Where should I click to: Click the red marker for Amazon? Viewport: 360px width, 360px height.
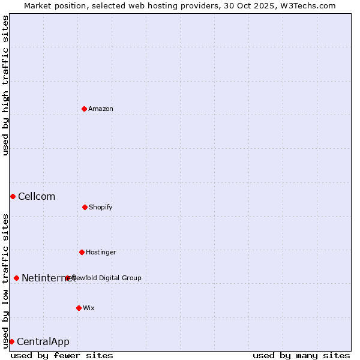[x=84, y=109]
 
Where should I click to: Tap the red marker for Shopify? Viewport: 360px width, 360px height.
[x=85, y=207]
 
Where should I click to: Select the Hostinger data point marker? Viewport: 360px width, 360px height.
[x=82, y=252]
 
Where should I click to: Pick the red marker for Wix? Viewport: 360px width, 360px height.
[x=79, y=308]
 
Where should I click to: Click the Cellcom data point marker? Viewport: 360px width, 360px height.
[x=13, y=196]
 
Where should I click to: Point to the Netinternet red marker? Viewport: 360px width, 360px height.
[x=16, y=278]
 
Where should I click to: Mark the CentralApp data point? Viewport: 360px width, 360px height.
[x=11, y=341]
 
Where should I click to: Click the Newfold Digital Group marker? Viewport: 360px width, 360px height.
[x=68, y=278]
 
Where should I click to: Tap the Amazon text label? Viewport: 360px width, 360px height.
[x=101, y=109]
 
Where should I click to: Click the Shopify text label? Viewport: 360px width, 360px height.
[x=101, y=207]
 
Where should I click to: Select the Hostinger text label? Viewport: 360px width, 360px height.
[x=101, y=252]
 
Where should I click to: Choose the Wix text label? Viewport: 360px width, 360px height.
[x=89, y=308]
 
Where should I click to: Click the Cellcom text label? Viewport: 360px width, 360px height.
[x=37, y=196]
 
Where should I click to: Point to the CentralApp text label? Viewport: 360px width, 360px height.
[x=43, y=341]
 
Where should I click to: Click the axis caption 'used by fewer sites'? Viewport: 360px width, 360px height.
[x=62, y=355]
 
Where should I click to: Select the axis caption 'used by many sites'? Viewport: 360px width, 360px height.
[x=301, y=355]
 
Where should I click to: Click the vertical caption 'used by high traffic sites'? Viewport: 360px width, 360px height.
[x=5, y=85]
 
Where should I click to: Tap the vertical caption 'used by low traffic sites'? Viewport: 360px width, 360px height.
[x=5, y=281]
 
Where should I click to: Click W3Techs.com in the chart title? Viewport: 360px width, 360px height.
[x=307, y=5]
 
